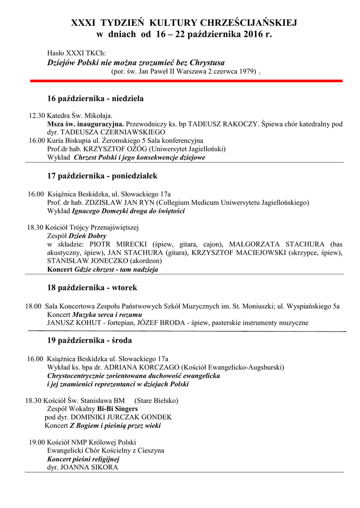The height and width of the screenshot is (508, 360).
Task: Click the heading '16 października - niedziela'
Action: coord(95,99)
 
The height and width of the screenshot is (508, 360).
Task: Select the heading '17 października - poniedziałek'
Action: coord(102,176)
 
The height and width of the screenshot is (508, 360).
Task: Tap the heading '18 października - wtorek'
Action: coord(92,288)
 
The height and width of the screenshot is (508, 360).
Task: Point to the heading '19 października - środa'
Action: coord(89,341)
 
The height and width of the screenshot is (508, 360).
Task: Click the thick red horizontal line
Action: coord(186,80)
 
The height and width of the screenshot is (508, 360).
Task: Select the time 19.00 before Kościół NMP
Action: coord(37,443)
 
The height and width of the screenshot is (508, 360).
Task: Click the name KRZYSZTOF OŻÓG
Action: coord(119,149)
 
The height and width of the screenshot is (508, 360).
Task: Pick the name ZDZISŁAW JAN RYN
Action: coord(119,202)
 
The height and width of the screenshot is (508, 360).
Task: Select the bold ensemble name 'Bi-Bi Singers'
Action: coord(117,409)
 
